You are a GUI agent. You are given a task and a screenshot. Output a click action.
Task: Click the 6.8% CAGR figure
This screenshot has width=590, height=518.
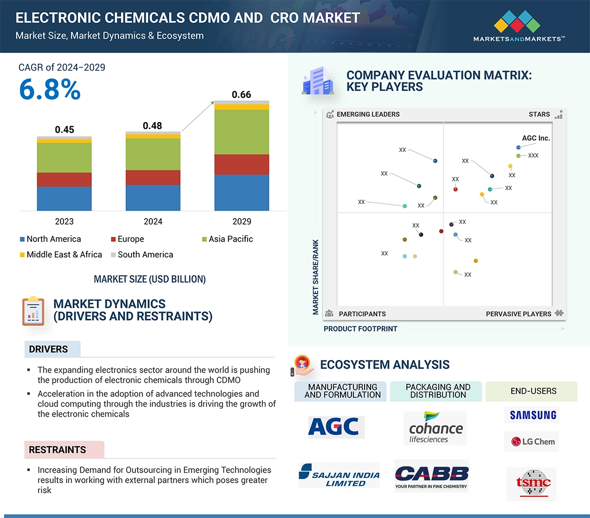click(x=49, y=90)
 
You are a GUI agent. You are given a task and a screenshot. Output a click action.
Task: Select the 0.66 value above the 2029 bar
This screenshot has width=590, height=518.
click(x=241, y=94)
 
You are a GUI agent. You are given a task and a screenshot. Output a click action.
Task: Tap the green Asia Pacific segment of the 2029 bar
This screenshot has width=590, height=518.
click(x=242, y=132)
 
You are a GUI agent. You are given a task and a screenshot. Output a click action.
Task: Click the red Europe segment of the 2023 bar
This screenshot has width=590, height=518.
click(x=64, y=180)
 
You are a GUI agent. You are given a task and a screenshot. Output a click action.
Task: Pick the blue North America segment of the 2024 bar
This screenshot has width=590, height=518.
click(x=153, y=197)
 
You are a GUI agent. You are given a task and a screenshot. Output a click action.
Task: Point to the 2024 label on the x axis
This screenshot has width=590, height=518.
click(x=153, y=221)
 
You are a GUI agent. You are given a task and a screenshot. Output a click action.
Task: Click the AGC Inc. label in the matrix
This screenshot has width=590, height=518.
click(x=536, y=138)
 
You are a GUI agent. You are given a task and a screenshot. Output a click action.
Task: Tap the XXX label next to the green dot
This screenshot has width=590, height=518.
click(x=533, y=156)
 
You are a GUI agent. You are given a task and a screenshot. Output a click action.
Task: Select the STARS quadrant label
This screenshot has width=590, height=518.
click(x=539, y=114)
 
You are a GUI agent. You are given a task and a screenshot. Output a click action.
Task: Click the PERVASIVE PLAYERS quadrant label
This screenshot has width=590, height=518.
click(x=518, y=314)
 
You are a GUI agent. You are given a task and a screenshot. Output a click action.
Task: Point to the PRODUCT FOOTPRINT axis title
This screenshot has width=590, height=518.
click(x=360, y=329)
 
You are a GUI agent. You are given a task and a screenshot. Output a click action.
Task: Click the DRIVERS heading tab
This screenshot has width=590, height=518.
click(x=48, y=349)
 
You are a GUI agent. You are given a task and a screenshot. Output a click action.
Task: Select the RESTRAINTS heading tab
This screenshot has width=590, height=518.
click(x=57, y=449)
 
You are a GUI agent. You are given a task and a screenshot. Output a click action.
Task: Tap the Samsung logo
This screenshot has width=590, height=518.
click(x=533, y=415)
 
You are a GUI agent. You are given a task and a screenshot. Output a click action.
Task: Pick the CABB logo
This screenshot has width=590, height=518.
click(x=432, y=476)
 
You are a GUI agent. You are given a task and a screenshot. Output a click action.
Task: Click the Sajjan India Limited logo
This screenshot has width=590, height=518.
click(x=339, y=475)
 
